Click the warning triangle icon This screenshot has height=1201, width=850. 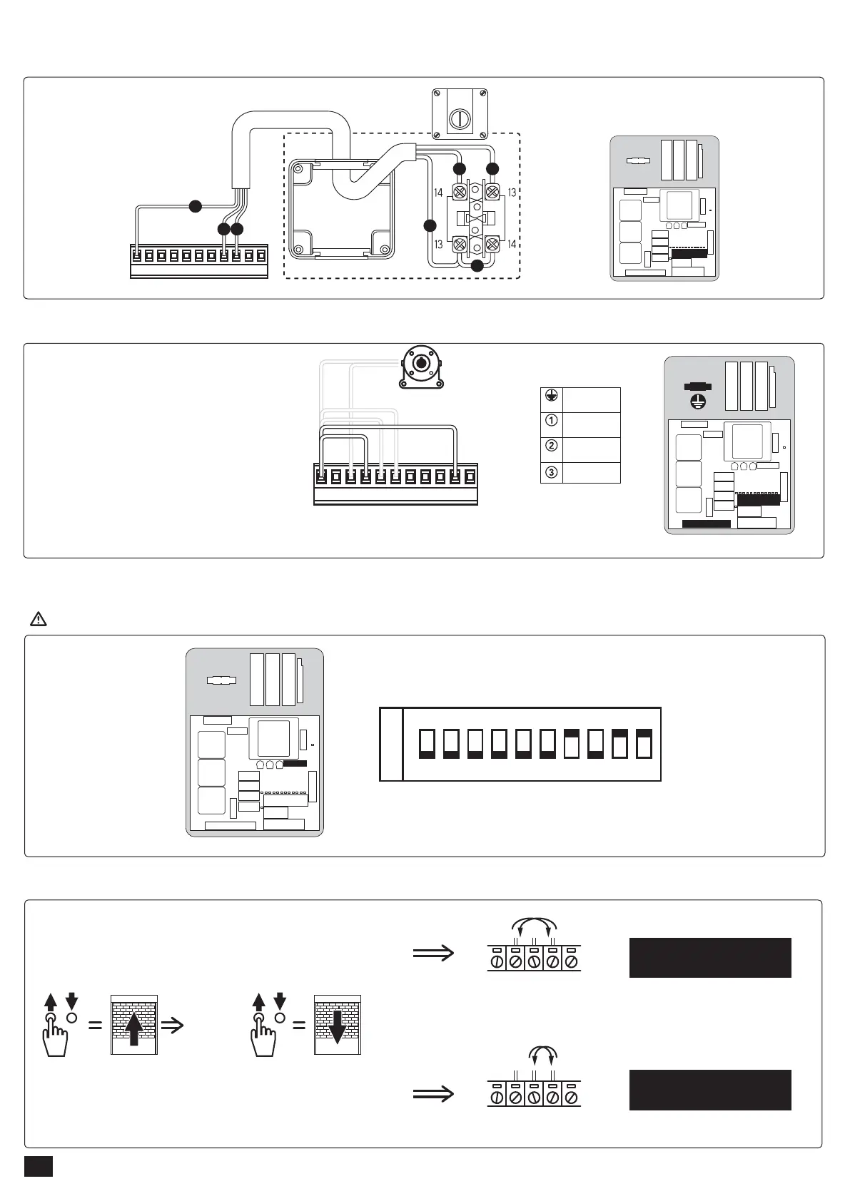click(39, 619)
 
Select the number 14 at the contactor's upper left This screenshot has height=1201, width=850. click(438, 193)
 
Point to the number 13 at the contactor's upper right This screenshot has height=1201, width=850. click(512, 193)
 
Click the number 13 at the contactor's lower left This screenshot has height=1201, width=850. click(438, 245)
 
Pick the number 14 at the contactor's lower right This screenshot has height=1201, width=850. click(512, 245)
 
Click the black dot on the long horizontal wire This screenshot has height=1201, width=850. click(195, 207)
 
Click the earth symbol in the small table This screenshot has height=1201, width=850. click(551, 397)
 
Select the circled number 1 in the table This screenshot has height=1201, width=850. click(551, 421)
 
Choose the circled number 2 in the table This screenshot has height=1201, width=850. click(551, 446)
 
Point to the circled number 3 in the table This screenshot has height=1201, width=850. click(551, 471)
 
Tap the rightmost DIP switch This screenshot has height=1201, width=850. click(644, 744)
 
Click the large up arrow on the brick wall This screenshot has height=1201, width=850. click(134, 1026)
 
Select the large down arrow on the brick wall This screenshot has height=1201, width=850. click(338, 1026)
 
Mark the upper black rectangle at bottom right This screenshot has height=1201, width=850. click(709, 957)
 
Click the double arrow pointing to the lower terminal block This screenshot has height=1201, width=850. click(433, 1093)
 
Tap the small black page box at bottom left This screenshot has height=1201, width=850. click(39, 1166)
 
